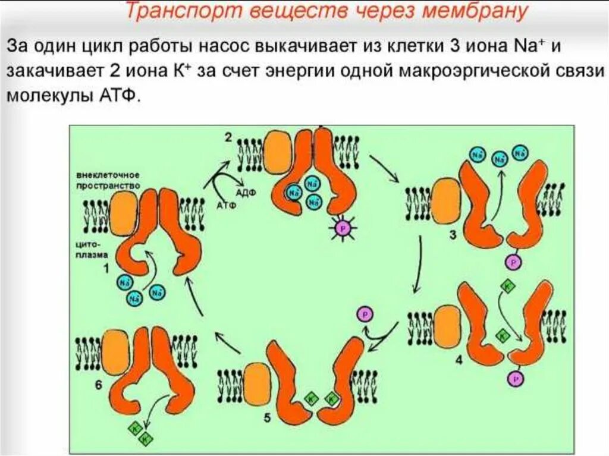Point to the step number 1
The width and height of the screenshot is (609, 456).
106,269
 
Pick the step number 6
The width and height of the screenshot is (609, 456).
99,385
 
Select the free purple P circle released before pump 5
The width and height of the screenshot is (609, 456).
365,314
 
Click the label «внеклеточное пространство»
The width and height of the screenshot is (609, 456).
108,181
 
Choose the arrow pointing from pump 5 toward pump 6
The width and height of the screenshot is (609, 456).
225,344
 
